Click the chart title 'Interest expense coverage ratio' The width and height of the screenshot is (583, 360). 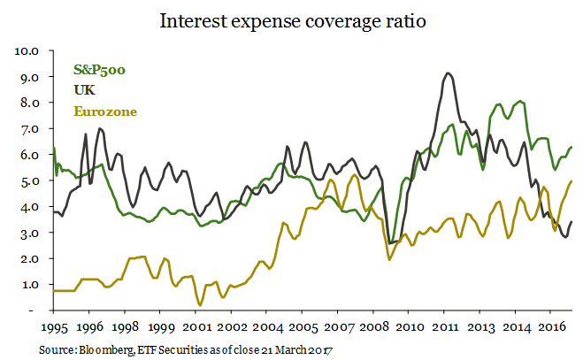[x=292, y=20]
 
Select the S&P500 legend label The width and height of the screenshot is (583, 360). [x=100, y=70]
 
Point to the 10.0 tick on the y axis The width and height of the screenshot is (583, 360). [x=28, y=50]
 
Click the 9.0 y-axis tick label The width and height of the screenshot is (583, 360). [x=31, y=77]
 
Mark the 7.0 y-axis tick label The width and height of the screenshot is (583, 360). [x=31, y=129]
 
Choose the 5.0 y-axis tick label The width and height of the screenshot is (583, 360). [x=31, y=181]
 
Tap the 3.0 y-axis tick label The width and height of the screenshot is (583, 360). [x=31, y=233]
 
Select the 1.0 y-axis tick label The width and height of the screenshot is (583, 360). [x=31, y=285]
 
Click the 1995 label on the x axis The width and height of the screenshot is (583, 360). [x=54, y=326]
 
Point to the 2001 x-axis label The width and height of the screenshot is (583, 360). [x=196, y=326]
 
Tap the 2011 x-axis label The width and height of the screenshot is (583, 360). [x=445, y=326]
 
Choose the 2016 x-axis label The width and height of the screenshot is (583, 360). [x=551, y=326]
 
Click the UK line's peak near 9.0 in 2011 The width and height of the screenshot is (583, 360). [x=449, y=73]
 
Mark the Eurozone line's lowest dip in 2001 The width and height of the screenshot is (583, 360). [x=200, y=305]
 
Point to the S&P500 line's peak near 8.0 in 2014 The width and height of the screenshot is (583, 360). [x=520, y=101]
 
